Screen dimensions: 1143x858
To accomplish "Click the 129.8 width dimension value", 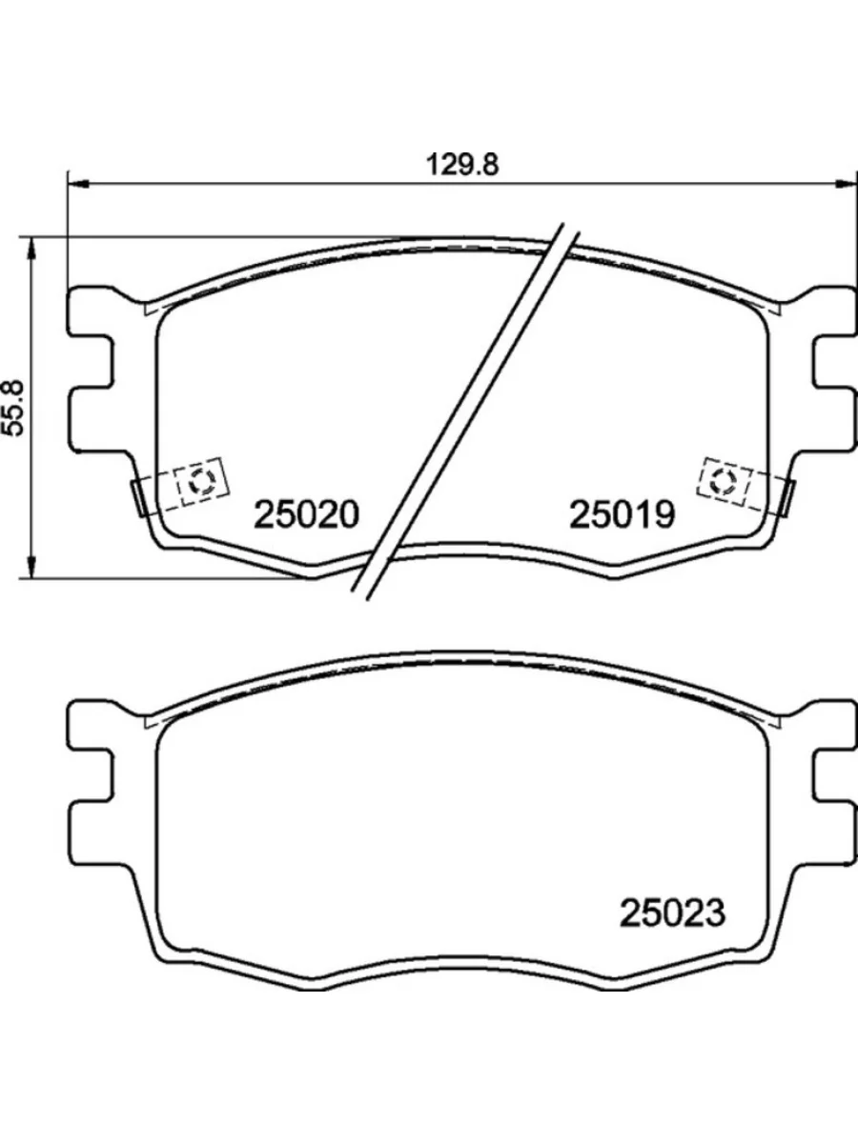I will click(x=461, y=164).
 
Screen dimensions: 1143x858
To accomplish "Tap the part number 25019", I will click(x=622, y=515).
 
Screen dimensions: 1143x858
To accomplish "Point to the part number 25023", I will click(x=673, y=913).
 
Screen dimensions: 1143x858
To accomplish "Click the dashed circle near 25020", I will click(x=201, y=481).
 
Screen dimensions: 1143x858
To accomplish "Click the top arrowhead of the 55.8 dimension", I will click(x=32, y=247).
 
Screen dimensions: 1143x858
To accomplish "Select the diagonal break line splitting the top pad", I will click(x=467, y=410).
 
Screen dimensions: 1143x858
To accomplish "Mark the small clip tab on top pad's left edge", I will click(x=138, y=495).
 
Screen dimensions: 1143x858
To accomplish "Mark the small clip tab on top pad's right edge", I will click(x=787, y=495).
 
